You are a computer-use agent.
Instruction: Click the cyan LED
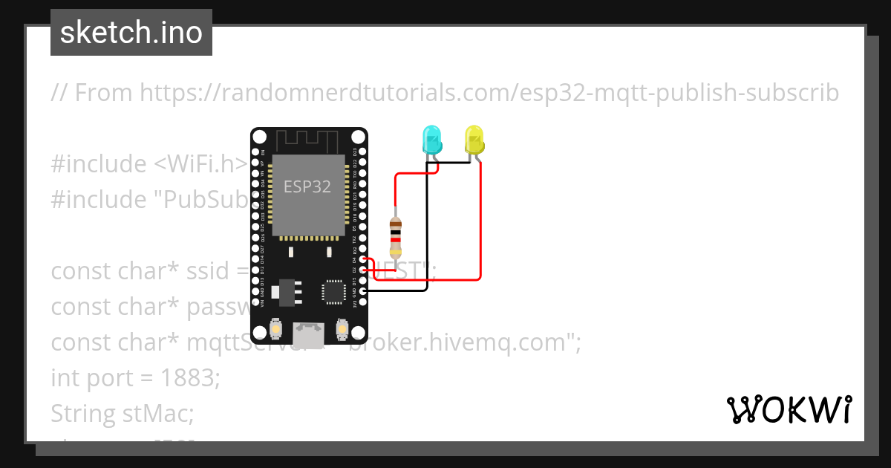tap(431, 140)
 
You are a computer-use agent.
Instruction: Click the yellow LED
tap(474, 139)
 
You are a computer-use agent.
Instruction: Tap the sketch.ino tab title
tap(131, 33)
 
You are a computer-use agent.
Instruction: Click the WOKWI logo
tap(789, 409)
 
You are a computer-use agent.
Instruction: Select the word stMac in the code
tap(157, 413)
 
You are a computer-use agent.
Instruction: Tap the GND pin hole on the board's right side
tap(362, 292)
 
